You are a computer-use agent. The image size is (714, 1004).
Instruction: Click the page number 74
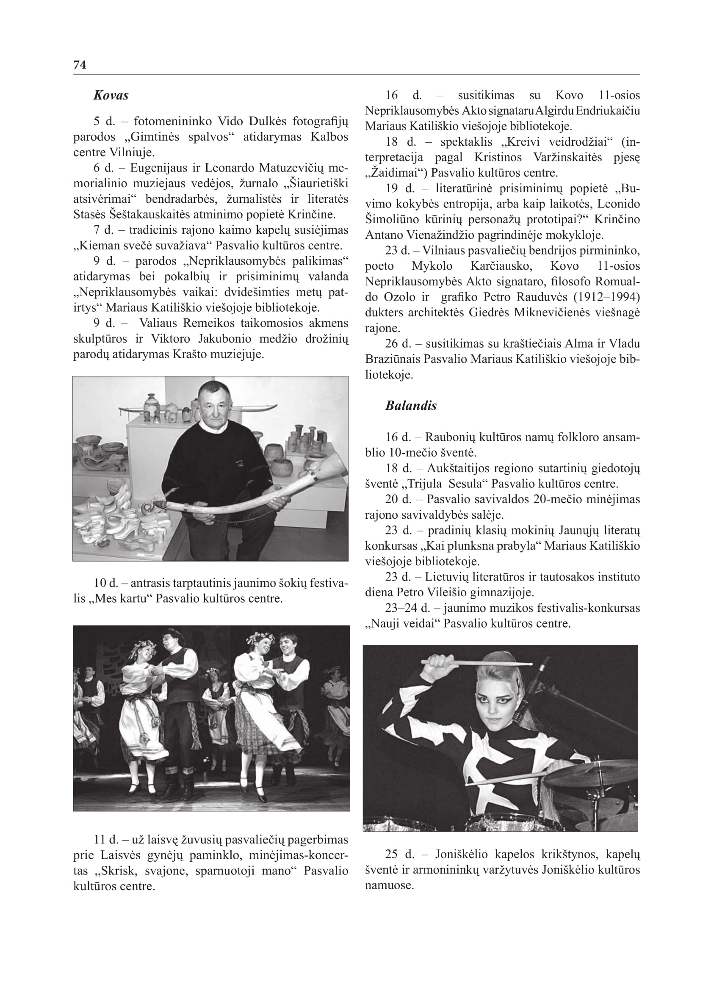pos(80,65)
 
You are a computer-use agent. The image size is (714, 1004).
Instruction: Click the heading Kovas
pos(111,96)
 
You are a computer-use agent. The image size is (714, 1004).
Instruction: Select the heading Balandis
pos(411,406)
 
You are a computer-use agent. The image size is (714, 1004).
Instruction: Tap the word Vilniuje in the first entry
pos(132,152)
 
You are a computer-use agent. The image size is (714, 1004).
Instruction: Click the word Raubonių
pos(450,437)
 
